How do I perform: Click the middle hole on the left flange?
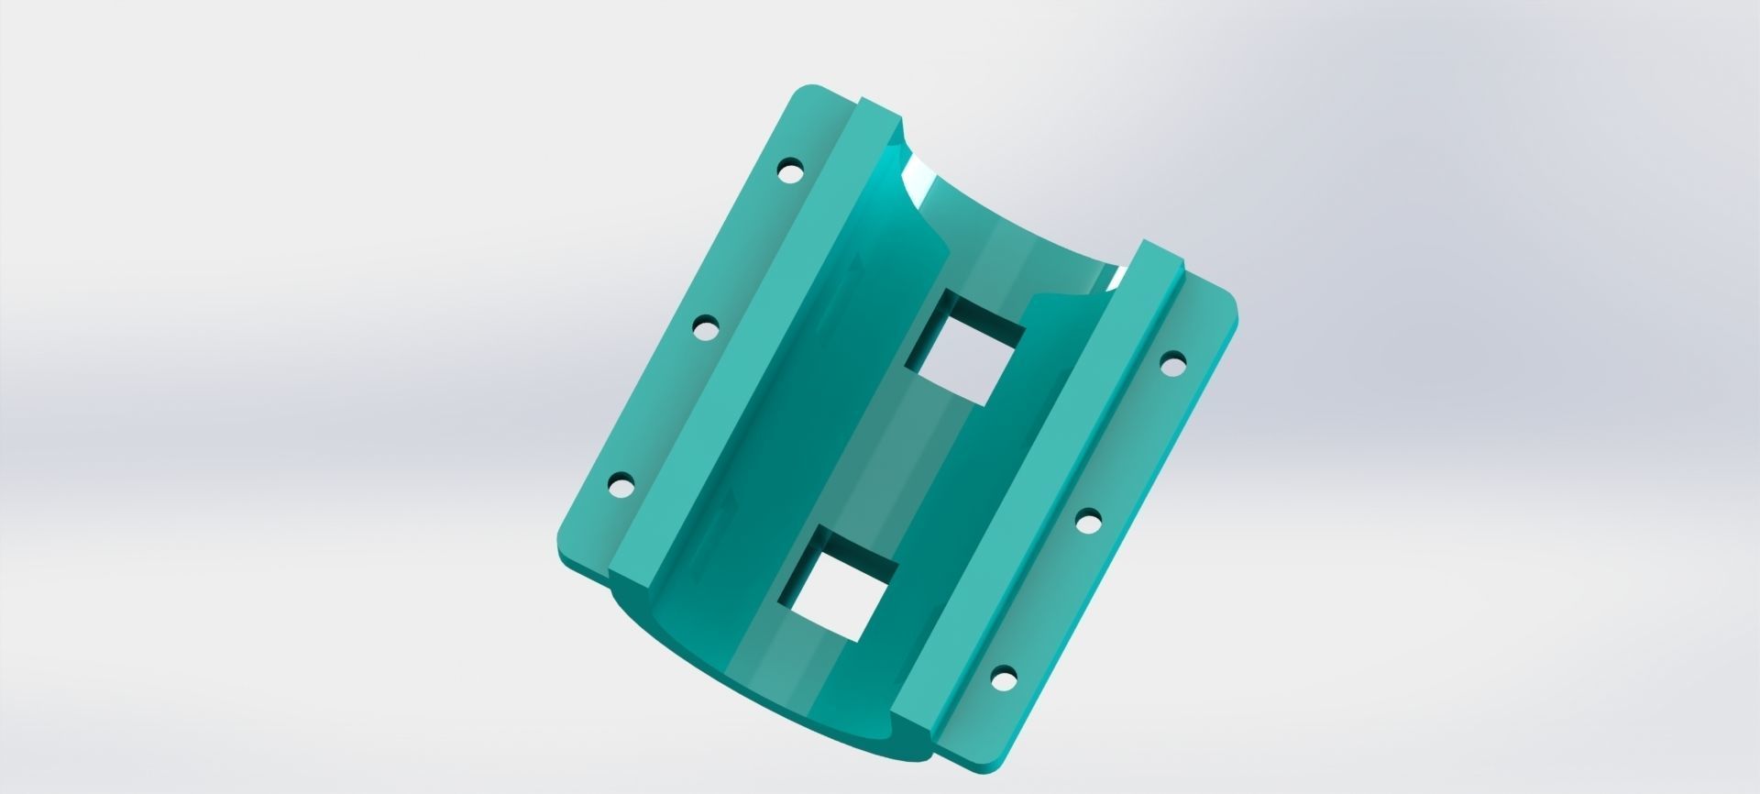point(705,327)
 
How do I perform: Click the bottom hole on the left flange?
point(621,483)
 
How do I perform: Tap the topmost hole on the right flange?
point(1172,365)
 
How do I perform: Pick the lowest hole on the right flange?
point(1004,679)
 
